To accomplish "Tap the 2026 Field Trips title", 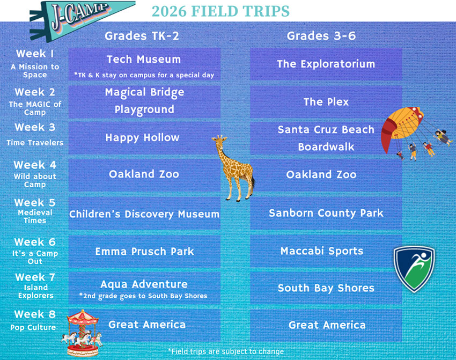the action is [x=220, y=11].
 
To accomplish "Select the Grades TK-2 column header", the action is [x=142, y=36].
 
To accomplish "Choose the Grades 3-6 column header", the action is [x=321, y=36].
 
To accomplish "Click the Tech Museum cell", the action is [x=144, y=64].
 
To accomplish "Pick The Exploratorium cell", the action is [x=326, y=64].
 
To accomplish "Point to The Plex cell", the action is [x=326, y=102].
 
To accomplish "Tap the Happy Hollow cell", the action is [x=144, y=138].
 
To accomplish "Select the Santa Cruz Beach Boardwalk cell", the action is [x=326, y=138].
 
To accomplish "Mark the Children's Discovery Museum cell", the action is [x=144, y=214].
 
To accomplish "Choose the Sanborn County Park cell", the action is [x=326, y=214].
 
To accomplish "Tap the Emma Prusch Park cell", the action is [x=144, y=251].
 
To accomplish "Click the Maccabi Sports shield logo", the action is [x=414, y=269].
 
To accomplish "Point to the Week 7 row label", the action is [x=35, y=286].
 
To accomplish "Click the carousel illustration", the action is [x=82, y=333].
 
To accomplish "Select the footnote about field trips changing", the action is [x=226, y=351].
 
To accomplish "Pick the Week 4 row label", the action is [x=35, y=174].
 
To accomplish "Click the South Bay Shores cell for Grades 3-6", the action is [x=326, y=288].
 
